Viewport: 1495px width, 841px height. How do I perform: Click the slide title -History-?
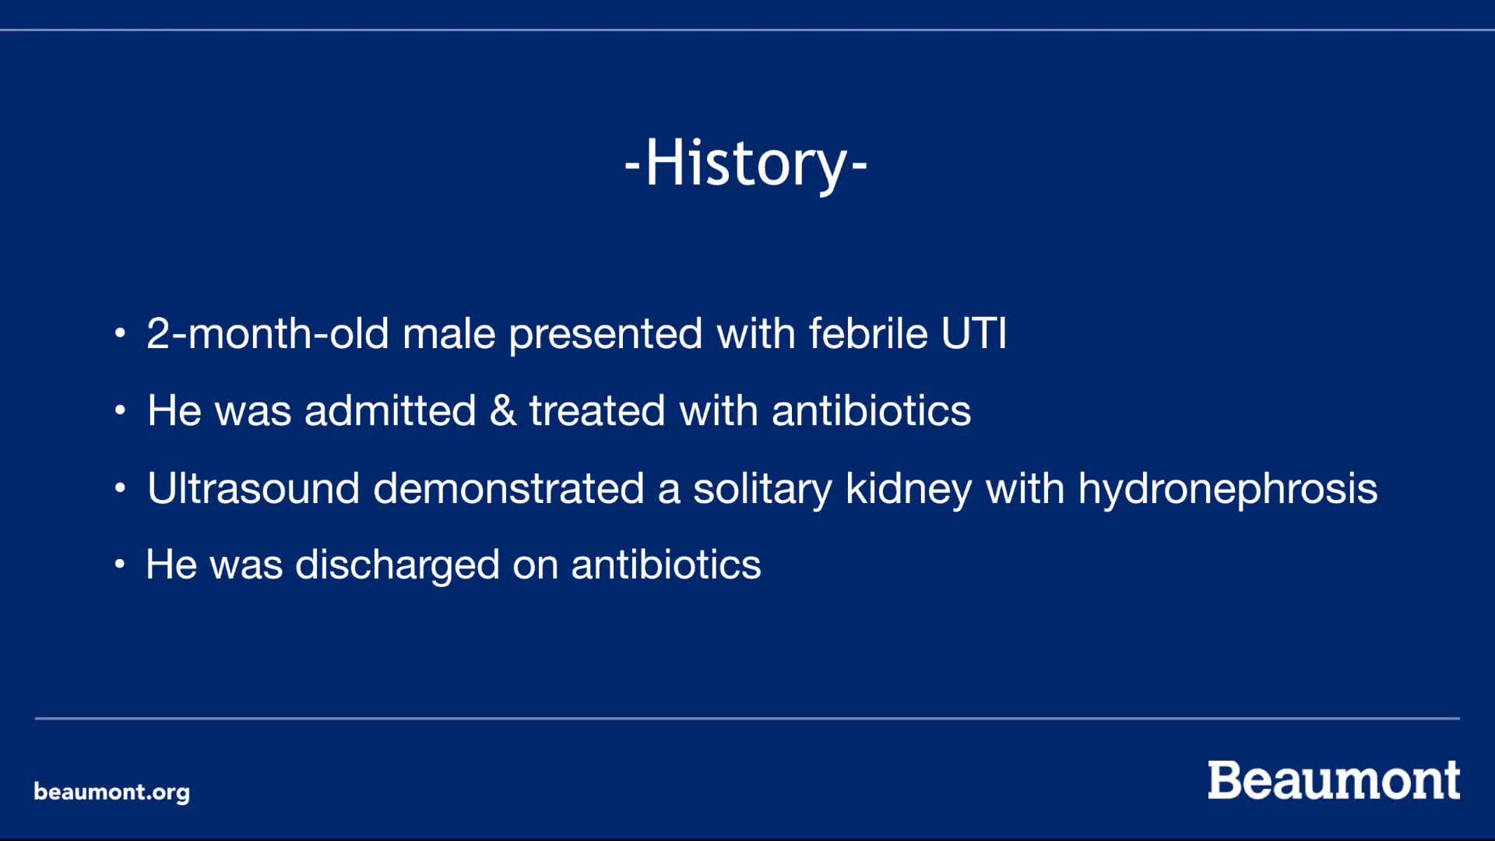tap(746, 163)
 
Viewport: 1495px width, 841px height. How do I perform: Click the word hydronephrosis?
tap(1227, 489)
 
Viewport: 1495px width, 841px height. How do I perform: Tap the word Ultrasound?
tap(253, 488)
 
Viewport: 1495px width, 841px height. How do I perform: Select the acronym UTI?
tap(973, 333)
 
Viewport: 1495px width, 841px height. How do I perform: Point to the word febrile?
tap(868, 333)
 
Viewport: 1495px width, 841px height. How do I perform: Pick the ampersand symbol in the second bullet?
tap(503, 410)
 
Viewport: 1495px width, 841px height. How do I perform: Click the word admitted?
tap(390, 410)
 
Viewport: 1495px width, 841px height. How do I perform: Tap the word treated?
tap(597, 410)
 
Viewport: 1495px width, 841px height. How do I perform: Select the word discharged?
tap(397, 565)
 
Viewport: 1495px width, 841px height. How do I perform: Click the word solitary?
tap(762, 489)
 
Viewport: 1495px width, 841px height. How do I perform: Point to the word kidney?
tap(908, 489)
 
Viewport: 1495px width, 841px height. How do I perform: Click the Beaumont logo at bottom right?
tap(1333, 780)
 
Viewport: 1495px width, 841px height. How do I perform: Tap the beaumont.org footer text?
tap(111, 792)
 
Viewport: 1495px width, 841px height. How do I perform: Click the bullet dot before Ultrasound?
tap(120, 488)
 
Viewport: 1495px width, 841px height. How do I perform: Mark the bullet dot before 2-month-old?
tap(120, 333)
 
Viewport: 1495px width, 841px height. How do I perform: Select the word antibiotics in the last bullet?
tap(666, 565)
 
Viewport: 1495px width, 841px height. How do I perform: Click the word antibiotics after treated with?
tap(871, 410)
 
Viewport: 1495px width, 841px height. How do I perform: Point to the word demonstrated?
tap(508, 488)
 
